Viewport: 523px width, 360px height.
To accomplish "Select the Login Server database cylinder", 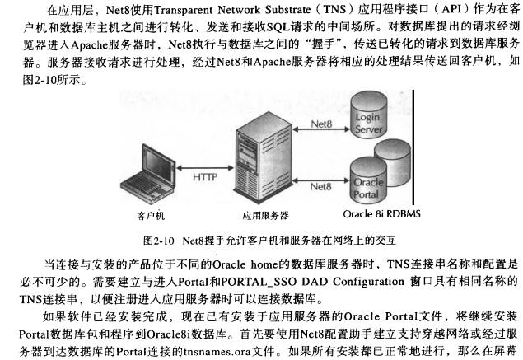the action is pos(368,115).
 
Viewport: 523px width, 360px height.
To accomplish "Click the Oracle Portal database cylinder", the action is pos(368,180).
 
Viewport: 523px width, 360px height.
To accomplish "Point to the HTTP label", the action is pos(205,177).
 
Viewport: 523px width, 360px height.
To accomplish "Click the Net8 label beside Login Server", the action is pos(321,124).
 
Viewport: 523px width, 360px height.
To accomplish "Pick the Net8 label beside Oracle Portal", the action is pos(321,186).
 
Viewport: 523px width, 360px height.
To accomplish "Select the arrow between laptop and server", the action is pos(205,168).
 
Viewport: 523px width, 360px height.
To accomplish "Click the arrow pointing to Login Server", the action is pos(321,129).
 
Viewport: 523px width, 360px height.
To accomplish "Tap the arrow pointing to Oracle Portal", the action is pos(321,180).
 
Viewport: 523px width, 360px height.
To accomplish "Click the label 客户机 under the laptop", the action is pos(151,216).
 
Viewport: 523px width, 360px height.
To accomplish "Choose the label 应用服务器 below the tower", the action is pos(265,216).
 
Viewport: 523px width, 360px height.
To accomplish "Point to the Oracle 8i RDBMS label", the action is pos(381,213).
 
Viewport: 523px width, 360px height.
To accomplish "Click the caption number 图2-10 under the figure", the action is pos(158,241).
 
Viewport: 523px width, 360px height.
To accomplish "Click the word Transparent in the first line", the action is pos(183,10).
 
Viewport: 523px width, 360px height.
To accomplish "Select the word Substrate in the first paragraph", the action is pos(287,10).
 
